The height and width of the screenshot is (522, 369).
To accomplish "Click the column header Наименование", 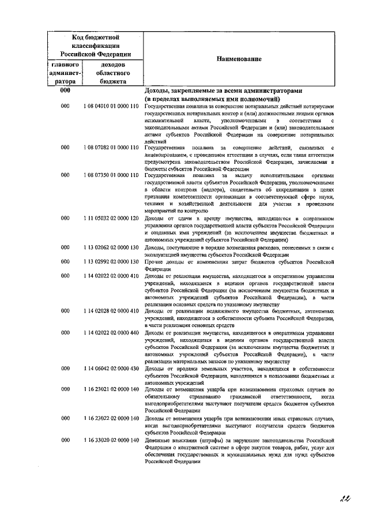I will (239, 59).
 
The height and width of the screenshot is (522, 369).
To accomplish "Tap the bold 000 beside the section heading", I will (65, 91).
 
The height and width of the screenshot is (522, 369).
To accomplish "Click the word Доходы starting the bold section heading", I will (157, 91).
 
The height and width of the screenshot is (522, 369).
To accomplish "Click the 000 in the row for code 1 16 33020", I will (65, 440).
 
